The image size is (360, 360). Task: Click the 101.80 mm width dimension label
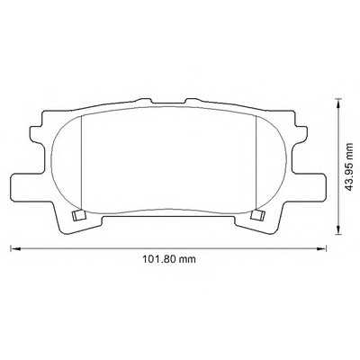pyautogui.click(x=168, y=259)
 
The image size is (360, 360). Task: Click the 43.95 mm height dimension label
pyautogui.click(x=349, y=167)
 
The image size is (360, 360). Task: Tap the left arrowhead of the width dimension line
pyautogui.click(x=15, y=248)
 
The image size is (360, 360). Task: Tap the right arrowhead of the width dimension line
pyautogui.click(x=321, y=248)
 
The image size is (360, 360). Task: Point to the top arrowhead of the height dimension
pyautogui.click(x=338, y=103)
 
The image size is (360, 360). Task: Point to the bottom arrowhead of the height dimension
pyautogui.click(x=338, y=229)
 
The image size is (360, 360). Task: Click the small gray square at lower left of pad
pyautogui.click(x=78, y=215)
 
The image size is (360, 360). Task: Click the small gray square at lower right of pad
pyautogui.click(x=257, y=215)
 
